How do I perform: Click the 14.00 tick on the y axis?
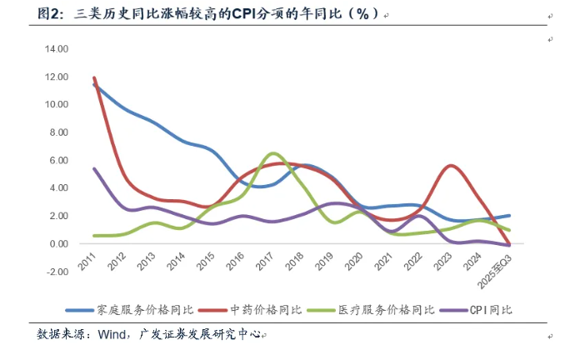point(57,49)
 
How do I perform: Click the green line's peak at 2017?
point(273,153)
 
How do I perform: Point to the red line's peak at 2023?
point(451,166)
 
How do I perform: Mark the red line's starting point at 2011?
point(94,77)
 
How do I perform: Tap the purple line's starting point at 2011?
point(94,168)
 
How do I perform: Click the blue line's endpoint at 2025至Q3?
point(509,216)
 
